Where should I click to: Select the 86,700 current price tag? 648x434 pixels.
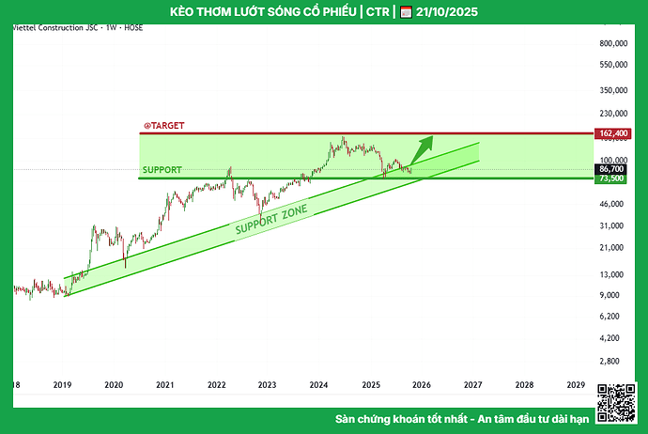(611, 168)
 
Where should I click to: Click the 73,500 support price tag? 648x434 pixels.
(611, 178)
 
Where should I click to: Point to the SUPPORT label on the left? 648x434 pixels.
(162, 170)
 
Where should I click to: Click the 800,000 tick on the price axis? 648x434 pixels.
(611, 44)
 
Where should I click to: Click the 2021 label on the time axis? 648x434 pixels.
(164, 385)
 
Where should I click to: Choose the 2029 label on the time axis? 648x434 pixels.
(576, 385)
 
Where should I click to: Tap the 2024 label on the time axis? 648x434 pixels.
(318, 385)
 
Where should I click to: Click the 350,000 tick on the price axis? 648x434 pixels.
(611, 89)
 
